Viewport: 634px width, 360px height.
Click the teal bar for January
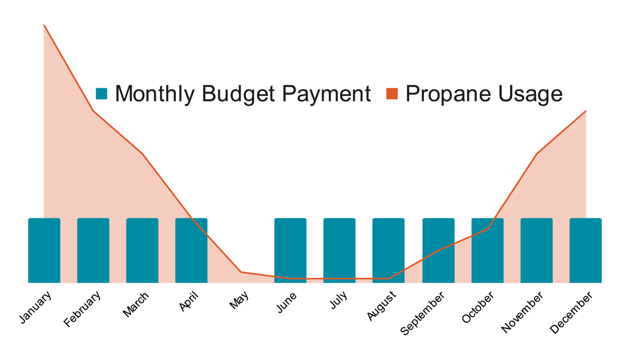[x=44, y=250]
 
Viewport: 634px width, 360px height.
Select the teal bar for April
[x=191, y=250]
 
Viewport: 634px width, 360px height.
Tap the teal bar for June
[x=290, y=250]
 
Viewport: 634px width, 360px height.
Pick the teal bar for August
[x=388, y=250]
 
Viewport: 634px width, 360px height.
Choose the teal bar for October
[x=487, y=250]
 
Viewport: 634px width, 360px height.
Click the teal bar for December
[x=585, y=250]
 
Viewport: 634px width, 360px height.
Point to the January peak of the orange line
[x=44, y=26]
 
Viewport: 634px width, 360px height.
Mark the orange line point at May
[x=241, y=272]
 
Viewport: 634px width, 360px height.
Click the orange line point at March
[x=142, y=154]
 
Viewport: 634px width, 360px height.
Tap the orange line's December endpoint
[x=585, y=111]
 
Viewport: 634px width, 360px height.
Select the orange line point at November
[x=537, y=154]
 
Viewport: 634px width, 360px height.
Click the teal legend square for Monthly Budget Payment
[x=102, y=94]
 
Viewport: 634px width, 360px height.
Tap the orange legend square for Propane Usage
[x=392, y=94]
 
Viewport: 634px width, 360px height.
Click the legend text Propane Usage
[x=484, y=94]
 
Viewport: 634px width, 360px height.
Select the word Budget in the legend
[x=238, y=94]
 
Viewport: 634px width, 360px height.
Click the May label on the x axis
[x=239, y=300]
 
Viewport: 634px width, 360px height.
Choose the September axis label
[x=423, y=313]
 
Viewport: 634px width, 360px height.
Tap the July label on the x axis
[x=338, y=300]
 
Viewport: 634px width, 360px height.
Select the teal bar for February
[x=93, y=250]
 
